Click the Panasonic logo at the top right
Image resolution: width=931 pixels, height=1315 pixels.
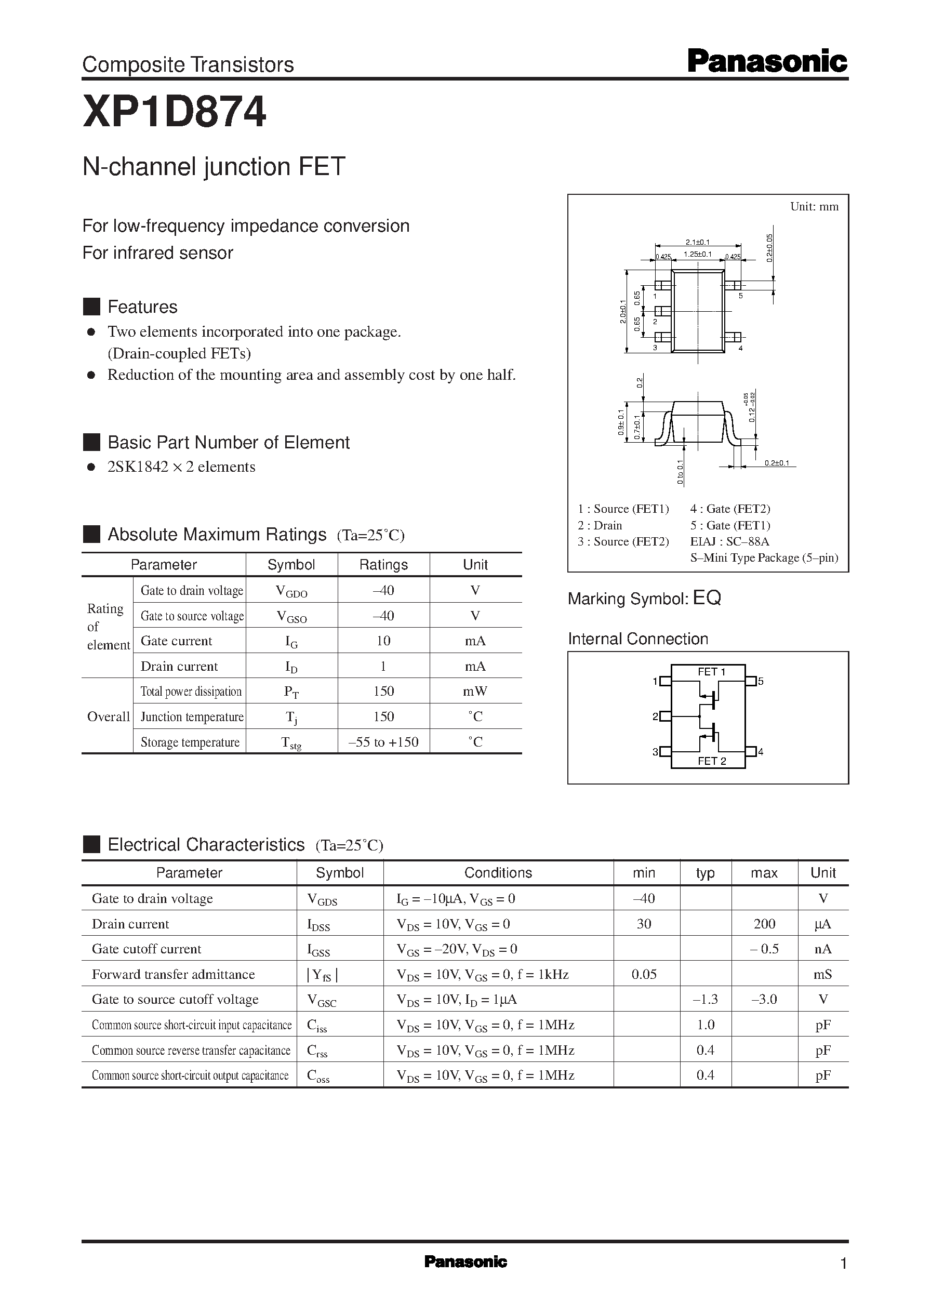pos(766,61)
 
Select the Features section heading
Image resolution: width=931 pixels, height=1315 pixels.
pos(142,307)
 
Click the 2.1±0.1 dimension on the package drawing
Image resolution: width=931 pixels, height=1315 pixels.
pos(697,243)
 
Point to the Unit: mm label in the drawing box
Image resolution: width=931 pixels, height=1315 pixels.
pos(814,206)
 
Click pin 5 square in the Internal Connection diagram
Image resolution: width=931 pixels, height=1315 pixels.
pos(750,681)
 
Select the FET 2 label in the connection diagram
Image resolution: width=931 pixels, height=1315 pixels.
pos(711,761)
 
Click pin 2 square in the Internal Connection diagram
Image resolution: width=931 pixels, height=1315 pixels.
pos(666,716)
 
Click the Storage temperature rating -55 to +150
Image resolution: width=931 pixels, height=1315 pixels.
pos(383,742)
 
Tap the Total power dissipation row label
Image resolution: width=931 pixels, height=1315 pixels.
pos(191,692)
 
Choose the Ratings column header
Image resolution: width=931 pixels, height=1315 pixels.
pos(383,565)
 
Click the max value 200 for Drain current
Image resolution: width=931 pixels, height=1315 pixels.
pos(764,923)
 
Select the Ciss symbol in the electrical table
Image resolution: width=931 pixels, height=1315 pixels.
pos(316,1026)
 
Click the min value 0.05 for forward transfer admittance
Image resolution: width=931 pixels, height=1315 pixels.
pos(644,974)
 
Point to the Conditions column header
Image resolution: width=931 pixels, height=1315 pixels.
pos(498,872)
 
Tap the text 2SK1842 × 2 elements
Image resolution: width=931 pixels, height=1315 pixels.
pos(181,467)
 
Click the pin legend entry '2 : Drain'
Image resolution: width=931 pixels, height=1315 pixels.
pos(600,525)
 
